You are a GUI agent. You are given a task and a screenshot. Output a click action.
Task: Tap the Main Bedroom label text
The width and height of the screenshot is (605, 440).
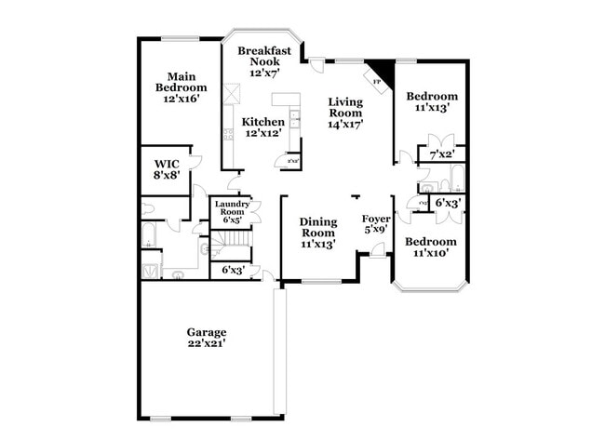coord(180,82)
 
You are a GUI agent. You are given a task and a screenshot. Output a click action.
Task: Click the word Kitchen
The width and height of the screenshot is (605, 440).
coord(263,122)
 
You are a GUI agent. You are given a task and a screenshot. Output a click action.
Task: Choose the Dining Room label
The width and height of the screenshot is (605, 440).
coord(317,227)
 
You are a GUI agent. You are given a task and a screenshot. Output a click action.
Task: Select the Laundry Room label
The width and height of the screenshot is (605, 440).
coord(231,208)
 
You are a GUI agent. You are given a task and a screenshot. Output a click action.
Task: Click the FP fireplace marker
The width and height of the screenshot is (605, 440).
coord(377,82)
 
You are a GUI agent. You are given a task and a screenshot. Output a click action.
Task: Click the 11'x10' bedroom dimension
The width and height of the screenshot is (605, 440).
coord(433,253)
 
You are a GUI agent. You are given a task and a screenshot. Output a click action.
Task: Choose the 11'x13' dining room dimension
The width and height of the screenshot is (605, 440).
coord(317,244)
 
